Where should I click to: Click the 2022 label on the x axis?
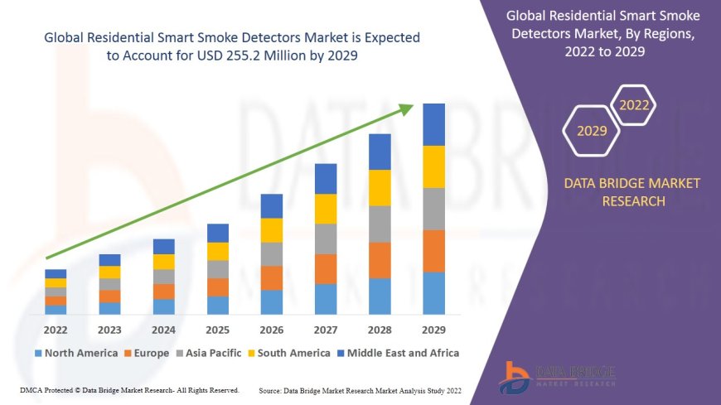pos(56,330)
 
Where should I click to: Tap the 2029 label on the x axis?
pos(434,330)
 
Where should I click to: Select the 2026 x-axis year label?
pos(272,330)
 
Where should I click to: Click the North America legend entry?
pos(75,353)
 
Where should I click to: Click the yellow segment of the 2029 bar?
pos(434,166)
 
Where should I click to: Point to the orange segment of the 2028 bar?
pos(380,260)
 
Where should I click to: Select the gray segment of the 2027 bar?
pos(326,239)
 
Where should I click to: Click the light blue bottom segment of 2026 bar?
pos(272,301)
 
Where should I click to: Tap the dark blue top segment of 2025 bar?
pos(217,233)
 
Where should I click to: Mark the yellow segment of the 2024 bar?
pos(163,262)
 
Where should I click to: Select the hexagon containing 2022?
pos(634,106)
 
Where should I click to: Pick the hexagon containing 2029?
pos(591,131)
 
